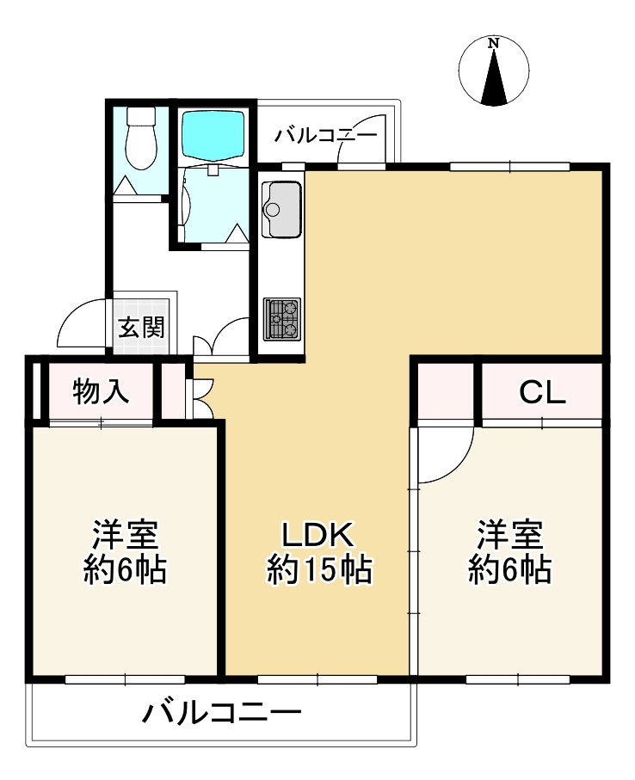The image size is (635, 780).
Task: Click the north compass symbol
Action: click(493, 73)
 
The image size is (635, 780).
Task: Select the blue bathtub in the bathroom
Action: click(213, 132)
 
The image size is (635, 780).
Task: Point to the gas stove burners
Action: click(281, 318)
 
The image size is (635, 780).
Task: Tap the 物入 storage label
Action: click(102, 391)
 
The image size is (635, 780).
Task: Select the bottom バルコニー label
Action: click(222, 714)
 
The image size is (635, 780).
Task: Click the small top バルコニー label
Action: click(326, 136)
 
